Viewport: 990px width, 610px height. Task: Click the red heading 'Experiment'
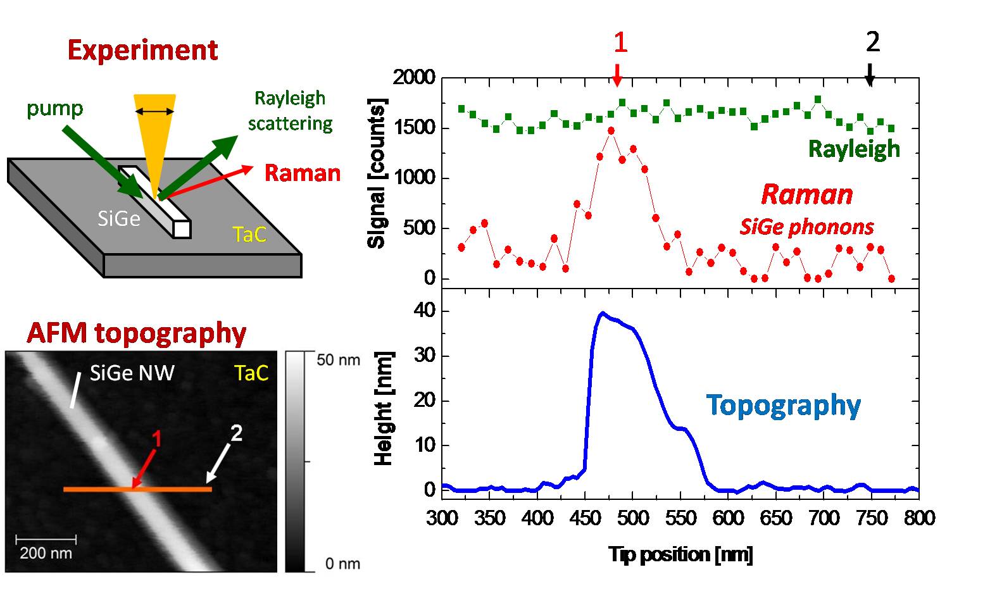pyautogui.click(x=142, y=50)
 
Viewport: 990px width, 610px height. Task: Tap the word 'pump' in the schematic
pyautogui.click(x=54, y=109)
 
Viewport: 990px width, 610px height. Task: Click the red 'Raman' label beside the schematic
pyautogui.click(x=302, y=173)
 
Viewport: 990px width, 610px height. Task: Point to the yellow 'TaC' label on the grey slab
pyautogui.click(x=249, y=235)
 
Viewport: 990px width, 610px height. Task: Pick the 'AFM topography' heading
pyautogui.click(x=136, y=333)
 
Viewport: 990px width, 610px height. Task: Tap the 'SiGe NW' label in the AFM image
pyautogui.click(x=132, y=373)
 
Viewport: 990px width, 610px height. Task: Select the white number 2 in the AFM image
pyautogui.click(x=236, y=433)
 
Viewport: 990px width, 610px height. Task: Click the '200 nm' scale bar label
pyautogui.click(x=46, y=552)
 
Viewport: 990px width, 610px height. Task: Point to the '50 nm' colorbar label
pyautogui.click(x=338, y=360)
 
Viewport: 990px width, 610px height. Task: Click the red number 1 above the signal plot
pyautogui.click(x=620, y=43)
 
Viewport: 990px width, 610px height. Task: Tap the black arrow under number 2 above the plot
pyautogui.click(x=870, y=75)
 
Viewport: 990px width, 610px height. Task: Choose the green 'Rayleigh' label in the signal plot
pyautogui.click(x=854, y=149)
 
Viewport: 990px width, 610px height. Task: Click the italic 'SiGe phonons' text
pyautogui.click(x=807, y=227)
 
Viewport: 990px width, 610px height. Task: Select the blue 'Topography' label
pyautogui.click(x=783, y=405)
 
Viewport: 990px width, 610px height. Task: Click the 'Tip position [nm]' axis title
pyautogui.click(x=680, y=554)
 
